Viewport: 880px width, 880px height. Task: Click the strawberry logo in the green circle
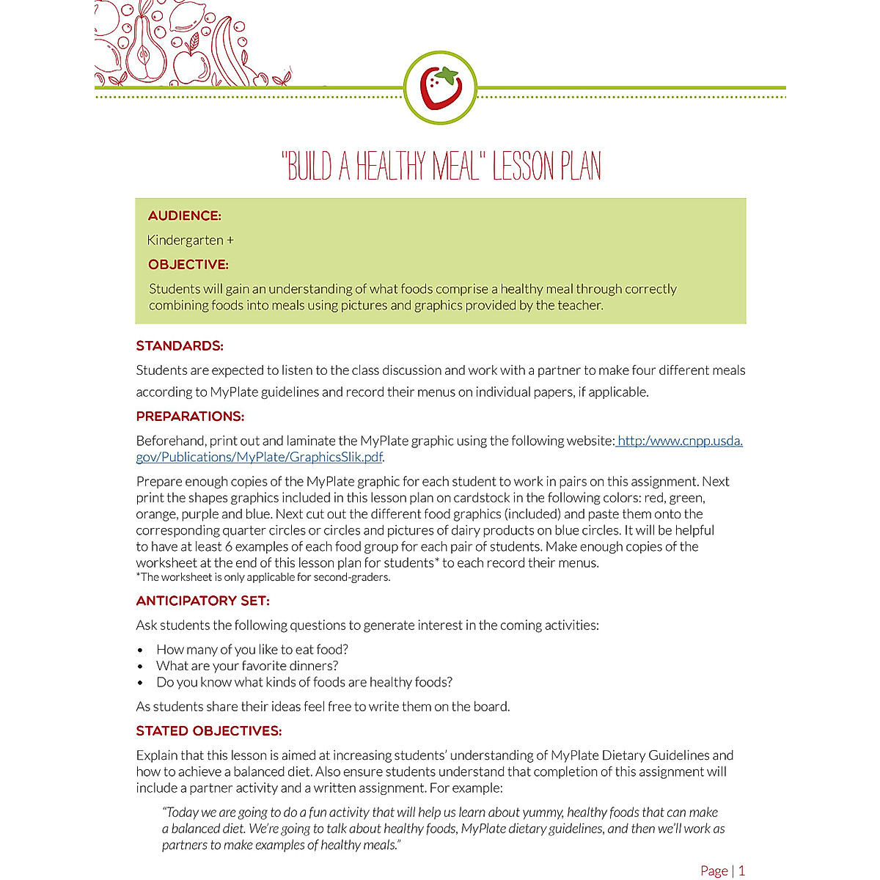(440, 88)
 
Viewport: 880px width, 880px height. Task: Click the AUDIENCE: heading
(184, 216)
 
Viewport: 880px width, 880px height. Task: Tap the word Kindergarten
(185, 240)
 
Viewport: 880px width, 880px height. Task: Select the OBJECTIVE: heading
(188, 265)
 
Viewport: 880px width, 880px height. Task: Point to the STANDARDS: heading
(180, 345)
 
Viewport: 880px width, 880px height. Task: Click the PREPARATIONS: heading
(190, 417)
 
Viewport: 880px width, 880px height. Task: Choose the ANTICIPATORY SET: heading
(202, 601)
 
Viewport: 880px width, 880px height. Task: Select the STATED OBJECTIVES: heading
(208, 731)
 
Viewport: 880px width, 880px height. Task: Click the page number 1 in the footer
(741, 870)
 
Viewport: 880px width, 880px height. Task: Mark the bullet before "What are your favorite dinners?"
(140, 667)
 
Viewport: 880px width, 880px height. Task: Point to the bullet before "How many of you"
(140, 650)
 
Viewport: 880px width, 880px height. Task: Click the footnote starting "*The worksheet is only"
(263, 577)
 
